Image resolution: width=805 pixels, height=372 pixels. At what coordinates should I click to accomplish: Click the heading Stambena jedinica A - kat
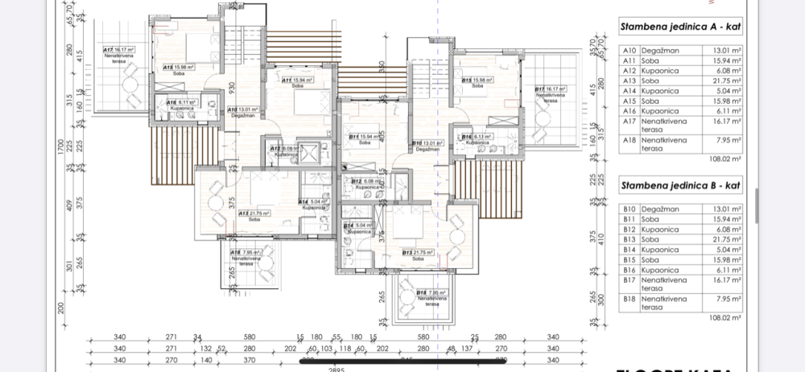[x=680, y=27]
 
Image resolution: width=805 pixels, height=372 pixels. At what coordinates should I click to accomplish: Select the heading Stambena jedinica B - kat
[x=680, y=186]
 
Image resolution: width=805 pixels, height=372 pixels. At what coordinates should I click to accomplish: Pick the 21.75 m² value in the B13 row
[x=720, y=240]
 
